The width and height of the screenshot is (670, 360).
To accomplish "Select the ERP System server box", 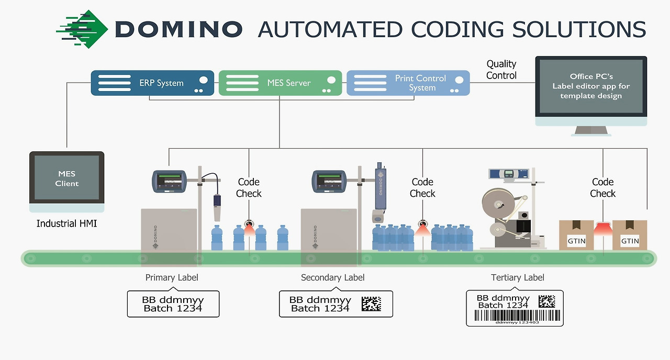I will click(x=152, y=83).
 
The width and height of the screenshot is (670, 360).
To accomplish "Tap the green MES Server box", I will click(x=280, y=83).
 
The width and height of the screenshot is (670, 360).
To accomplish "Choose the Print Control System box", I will click(x=408, y=83).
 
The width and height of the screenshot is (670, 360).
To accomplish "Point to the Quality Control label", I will click(x=501, y=70).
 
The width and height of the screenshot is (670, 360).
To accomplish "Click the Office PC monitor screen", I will click(x=591, y=86).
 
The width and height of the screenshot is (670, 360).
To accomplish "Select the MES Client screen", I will click(x=67, y=178).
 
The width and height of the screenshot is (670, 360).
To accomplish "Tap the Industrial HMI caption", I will click(x=66, y=223).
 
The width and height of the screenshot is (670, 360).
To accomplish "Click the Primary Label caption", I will click(x=172, y=277).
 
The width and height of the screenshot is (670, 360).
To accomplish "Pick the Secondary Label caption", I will click(x=332, y=277).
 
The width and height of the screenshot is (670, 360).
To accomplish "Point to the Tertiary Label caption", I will click(x=517, y=277).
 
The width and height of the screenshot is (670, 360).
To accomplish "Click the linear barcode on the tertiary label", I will click(x=514, y=315).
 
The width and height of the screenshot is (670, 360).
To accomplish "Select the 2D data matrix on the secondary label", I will click(x=371, y=304).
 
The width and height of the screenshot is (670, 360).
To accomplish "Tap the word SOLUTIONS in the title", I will click(x=579, y=29).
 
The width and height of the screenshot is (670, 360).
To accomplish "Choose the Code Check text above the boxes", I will click(x=602, y=187).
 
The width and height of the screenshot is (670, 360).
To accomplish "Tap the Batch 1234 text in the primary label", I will click(x=173, y=308).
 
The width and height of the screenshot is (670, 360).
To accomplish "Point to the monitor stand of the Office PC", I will click(x=591, y=131).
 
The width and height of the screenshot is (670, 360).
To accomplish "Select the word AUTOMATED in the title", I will click(x=329, y=29).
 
